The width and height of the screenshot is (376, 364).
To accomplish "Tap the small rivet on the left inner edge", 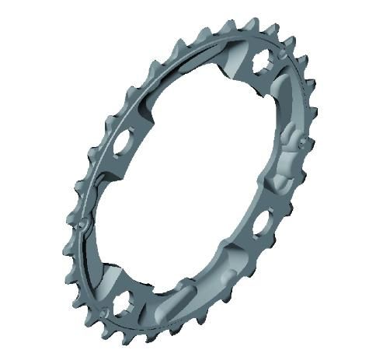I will click(x=82, y=225).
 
